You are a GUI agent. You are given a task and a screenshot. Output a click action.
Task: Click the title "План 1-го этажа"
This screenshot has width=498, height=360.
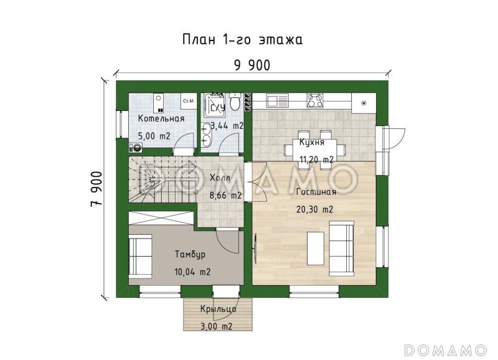click(243, 40)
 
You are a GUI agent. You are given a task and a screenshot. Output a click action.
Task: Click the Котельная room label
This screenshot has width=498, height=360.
click(161, 118)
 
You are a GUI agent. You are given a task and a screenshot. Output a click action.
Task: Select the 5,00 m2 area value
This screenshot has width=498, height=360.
click(154, 135)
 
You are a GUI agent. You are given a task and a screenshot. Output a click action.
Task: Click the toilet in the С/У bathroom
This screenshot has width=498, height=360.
click(235, 102)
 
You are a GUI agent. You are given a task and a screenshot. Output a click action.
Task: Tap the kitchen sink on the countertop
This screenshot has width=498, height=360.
click(275, 99)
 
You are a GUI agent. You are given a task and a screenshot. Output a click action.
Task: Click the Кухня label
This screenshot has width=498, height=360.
click(311, 143)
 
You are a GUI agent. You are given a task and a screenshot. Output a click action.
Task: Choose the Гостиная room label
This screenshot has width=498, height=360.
click(316, 192)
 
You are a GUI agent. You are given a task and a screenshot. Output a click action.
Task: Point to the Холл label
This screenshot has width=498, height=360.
click(219, 178)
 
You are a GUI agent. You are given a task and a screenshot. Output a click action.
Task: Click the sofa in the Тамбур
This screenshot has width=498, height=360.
click(141, 257)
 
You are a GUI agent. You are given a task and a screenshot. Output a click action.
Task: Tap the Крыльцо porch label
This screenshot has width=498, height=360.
click(218, 310)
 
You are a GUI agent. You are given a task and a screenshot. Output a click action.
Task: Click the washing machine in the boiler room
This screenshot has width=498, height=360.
click(134, 147)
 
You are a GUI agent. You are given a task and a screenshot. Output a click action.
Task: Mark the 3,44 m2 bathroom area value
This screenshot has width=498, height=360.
click(227, 126)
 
